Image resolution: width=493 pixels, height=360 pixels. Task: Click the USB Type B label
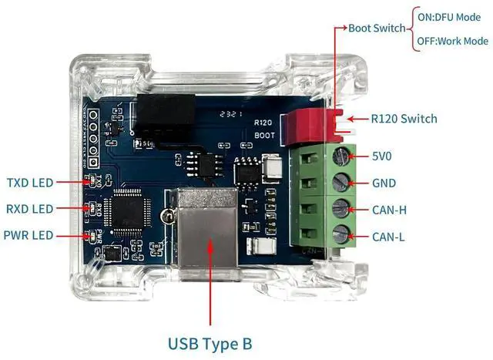coord(210,341)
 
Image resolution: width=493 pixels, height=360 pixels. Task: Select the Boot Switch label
coord(377,28)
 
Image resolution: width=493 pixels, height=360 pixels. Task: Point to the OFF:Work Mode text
coord(453,41)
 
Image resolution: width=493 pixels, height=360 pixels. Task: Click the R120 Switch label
coord(404,119)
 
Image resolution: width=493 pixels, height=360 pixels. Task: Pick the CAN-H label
coord(389,210)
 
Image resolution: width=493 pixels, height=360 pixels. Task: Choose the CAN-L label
coord(388,237)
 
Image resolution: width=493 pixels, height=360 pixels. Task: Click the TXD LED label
coord(30,183)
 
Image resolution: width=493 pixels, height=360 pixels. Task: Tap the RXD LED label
coord(30,209)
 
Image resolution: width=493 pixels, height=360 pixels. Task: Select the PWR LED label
coord(29,234)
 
